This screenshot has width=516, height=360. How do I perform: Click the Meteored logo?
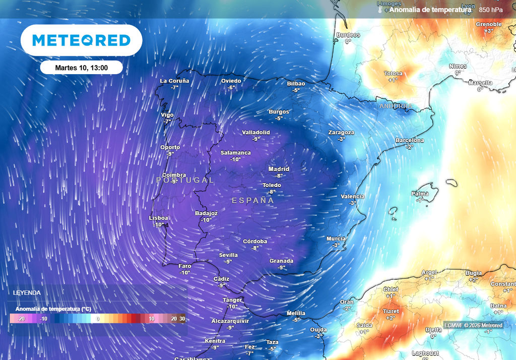tap(81, 40)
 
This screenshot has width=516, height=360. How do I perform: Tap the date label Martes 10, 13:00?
tap(81, 67)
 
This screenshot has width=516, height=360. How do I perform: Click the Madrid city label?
tap(279, 169)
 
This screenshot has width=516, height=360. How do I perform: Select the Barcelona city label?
tap(409, 140)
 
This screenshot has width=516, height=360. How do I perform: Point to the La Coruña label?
tap(174, 81)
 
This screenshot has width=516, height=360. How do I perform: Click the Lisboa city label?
tap(159, 218)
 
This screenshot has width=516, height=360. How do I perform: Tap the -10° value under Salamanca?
tap(235, 159)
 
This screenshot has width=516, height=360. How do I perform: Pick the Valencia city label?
tap(352, 196)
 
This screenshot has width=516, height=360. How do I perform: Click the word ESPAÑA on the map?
tap(253, 201)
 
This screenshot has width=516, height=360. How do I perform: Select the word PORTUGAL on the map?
tap(185, 180)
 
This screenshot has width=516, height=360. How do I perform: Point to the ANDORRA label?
tap(396, 106)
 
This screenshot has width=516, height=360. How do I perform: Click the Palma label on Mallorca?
tap(420, 194)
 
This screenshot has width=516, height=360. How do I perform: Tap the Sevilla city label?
tap(228, 255)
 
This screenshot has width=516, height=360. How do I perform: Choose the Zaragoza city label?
tap(341, 133)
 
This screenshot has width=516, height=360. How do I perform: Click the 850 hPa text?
tap(491, 10)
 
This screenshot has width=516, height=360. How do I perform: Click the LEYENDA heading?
tap(27, 292)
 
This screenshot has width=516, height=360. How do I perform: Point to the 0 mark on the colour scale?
tap(98, 319)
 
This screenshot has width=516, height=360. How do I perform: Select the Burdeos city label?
tap(348, 35)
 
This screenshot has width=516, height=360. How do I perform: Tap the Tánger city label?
tap(232, 300)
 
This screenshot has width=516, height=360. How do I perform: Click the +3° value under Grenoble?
tap(488, 31)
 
